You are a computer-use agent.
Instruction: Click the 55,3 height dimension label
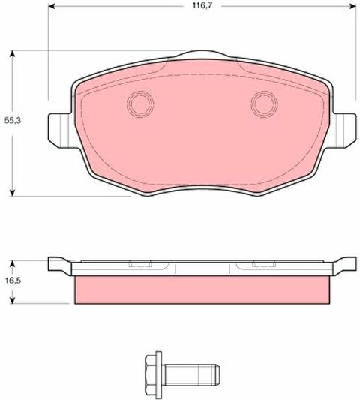click(x=13, y=120)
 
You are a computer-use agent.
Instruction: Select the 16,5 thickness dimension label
click(x=13, y=281)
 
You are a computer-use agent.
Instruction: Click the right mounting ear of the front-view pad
click(x=343, y=130)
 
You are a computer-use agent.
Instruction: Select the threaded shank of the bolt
click(x=192, y=374)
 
